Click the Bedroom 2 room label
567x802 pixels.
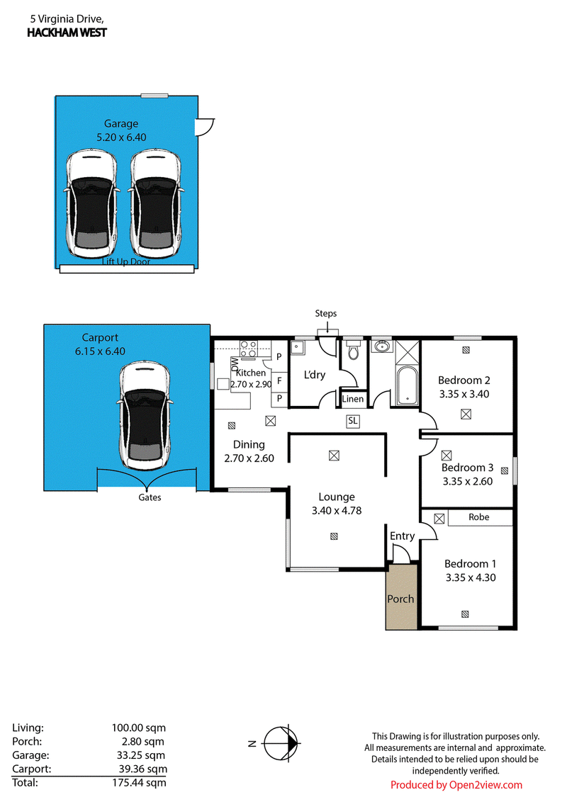pos(464,380)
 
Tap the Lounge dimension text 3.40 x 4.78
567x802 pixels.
pos(337,510)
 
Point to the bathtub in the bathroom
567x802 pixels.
pos(407,385)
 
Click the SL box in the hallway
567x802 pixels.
pos(352,421)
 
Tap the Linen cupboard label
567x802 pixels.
pos(352,399)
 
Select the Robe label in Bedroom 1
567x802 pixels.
pos(479,517)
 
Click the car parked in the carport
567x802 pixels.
pos(145,415)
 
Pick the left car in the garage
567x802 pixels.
pos(91,203)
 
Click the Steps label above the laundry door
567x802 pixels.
pos(326,314)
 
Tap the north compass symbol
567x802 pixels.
pos(280,743)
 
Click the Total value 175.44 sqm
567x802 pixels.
pos(139,783)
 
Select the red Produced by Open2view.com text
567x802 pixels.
pos(456,784)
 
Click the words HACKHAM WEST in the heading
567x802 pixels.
pos(67,33)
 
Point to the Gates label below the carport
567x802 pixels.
pos(150,497)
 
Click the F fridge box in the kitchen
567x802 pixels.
pos(279,380)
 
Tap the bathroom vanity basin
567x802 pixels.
pos(381,346)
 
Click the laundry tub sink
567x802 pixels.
pos(297,347)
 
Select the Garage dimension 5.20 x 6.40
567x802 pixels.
pos(121,137)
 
